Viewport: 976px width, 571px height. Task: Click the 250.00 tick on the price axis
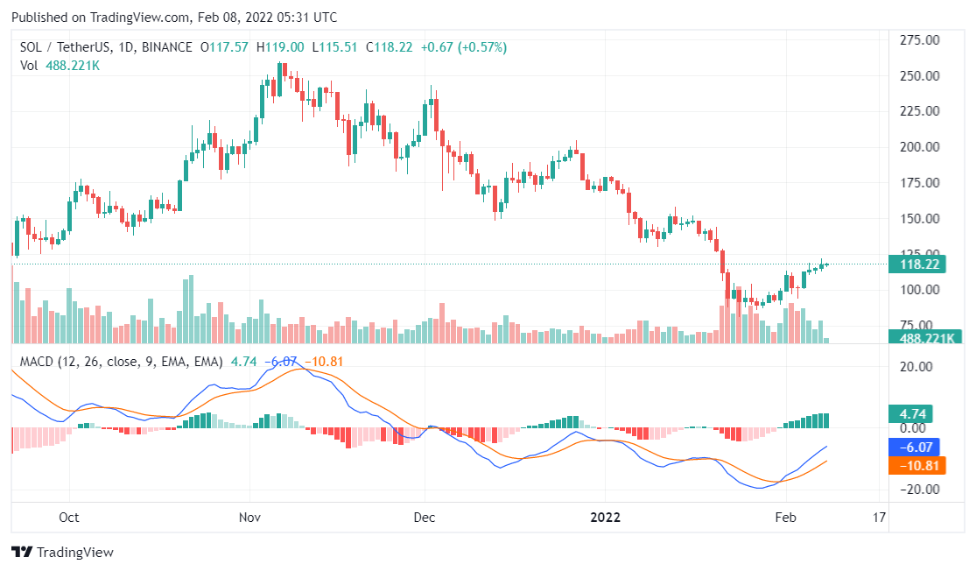920,75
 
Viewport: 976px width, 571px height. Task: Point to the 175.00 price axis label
920,183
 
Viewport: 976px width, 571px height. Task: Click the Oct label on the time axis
68,517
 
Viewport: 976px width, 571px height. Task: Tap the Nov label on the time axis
250,517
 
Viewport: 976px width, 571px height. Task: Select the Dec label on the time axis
424,517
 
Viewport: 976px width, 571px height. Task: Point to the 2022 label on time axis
605,517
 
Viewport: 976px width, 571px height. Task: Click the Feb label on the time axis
786,517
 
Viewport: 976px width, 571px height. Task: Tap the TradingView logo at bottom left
62,553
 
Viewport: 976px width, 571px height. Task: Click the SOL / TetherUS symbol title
70,47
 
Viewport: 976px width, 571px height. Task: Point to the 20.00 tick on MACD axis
920,367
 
